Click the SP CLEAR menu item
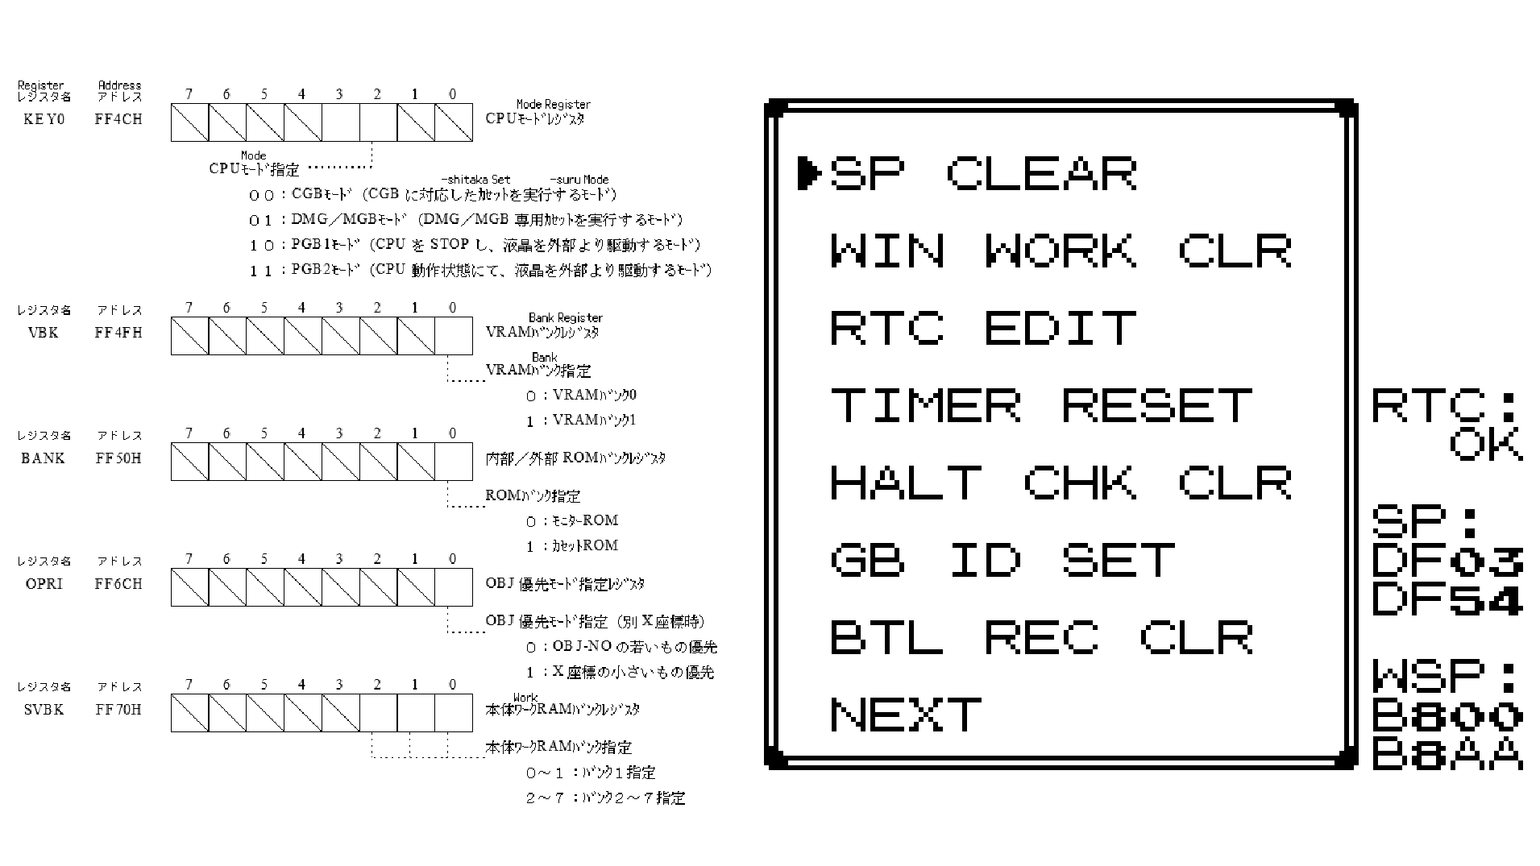[983, 173]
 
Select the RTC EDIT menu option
[983, 328]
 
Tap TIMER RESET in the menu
[1041, 405]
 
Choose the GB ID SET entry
[1002, 560]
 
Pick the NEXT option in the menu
[906, 715]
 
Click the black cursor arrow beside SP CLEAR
[808, 173]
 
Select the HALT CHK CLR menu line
[1061, 483]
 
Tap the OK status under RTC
[1486, 445]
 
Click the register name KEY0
[44, 119]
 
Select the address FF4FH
[118, 333]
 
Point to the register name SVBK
[44, 710]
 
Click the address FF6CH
[118, 584]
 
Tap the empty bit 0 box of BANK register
[454, 462]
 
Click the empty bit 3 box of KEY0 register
[341, 122]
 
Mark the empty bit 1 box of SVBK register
[416, 713]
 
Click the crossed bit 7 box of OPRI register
[189, 587]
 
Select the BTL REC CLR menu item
[1041, 637]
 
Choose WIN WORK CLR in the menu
[1061, 251]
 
